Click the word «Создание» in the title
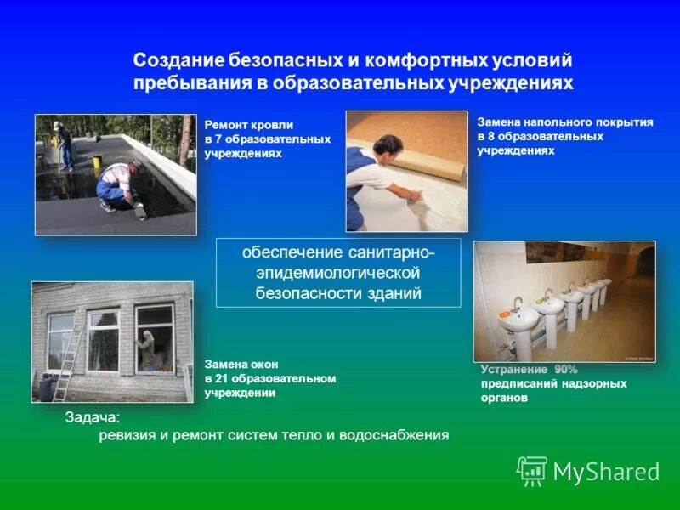pyautogui.click(x=178, y=61)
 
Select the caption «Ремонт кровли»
pyautogui.click(x=248, y=125)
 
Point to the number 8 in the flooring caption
pyautogui.click(x=490, y=136)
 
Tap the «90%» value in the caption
pyautogui.click(x=565, y=369)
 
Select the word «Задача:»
pyautogui.click(x=93, y=417)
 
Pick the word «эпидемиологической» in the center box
pyautogui.click(x=338, y=273)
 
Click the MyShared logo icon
pyautogui.click(x=532, y=470)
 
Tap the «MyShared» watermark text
pyautogui.click(x=606, y=472)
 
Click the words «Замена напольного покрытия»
pyautogui.click(x=564, y=122)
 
